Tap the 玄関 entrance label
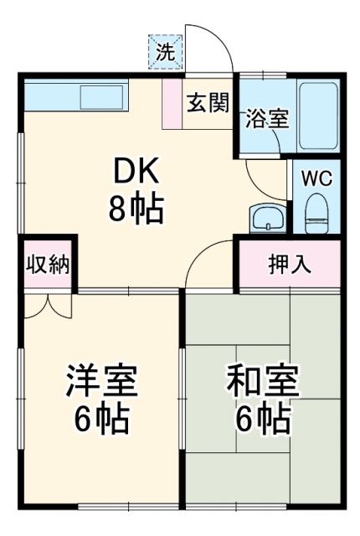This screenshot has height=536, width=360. pos(208,103)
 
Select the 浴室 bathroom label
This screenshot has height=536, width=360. pos(267,118)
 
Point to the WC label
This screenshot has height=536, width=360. pos(316,178)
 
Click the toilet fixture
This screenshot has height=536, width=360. pos(316,213)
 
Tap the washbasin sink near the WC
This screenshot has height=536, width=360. pos(268,219)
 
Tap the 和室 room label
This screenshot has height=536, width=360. pos(262,381)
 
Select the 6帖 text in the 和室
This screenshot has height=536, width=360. pos(262,417)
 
